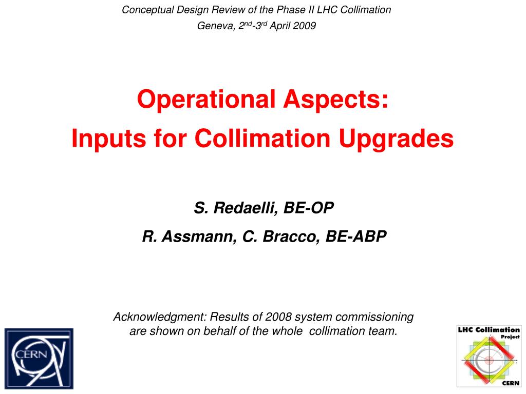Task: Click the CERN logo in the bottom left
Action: click(x=39, y=358)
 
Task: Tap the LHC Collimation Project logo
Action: click(x=489, y=356)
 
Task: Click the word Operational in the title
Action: click(x=206, y=100)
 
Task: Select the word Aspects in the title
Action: click(x=336, y=100)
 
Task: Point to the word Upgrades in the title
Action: click(x=396, y=139)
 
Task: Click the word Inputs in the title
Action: click(x=109, y=139)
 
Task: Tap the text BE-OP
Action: click(x=309, y=208)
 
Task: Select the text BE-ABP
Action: click(x=356, y=236)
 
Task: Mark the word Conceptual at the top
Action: click(x=147, y=10)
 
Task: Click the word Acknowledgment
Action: click(x=160, y=317)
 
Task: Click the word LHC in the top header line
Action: click(x=327, y=10)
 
